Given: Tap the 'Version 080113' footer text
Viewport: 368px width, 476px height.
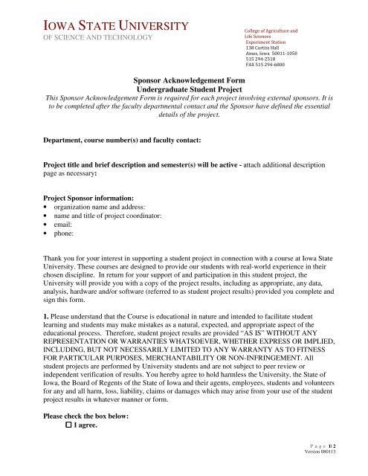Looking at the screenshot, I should (342, 468).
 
